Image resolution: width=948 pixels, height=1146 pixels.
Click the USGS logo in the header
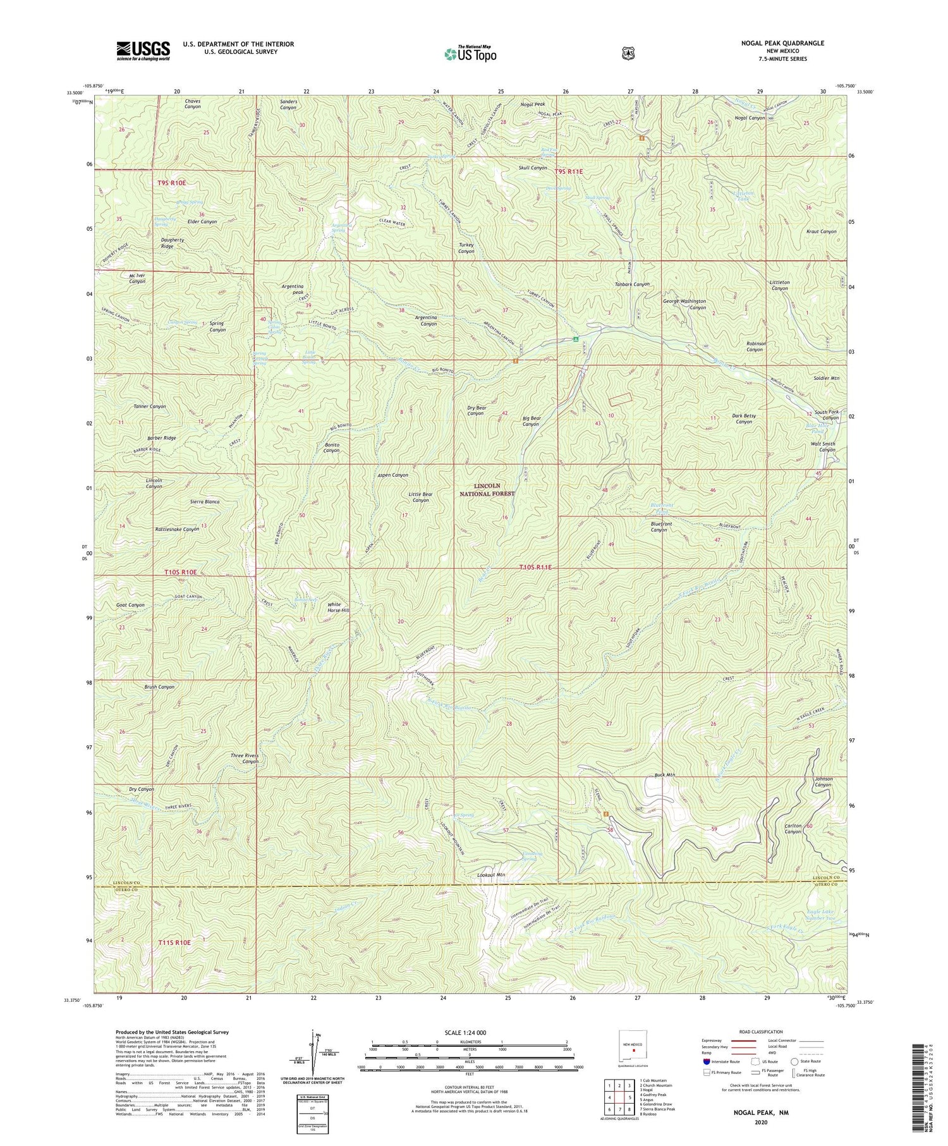tap(143, 51)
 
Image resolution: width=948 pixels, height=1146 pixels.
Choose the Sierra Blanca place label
tap(204, 502)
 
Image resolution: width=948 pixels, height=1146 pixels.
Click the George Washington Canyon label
tap(684, 305)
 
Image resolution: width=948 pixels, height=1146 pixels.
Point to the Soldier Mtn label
tap(827, 378)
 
